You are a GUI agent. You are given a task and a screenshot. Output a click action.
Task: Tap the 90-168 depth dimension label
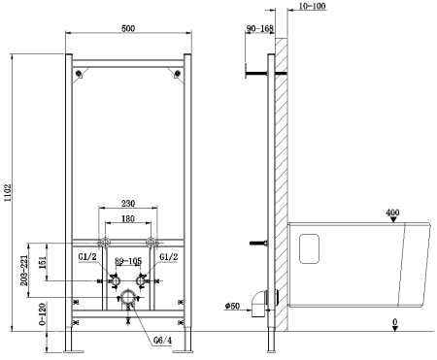pyautogui.click(x=260, y=30)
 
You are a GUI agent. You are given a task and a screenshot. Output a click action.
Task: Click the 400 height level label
pyautogui.click(x=392, y=213)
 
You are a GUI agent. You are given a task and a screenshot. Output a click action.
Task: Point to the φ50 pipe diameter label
pyautogui.click(x=232, y=306)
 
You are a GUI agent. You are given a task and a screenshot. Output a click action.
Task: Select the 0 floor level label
pyautogui.click(x=393, y=320)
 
